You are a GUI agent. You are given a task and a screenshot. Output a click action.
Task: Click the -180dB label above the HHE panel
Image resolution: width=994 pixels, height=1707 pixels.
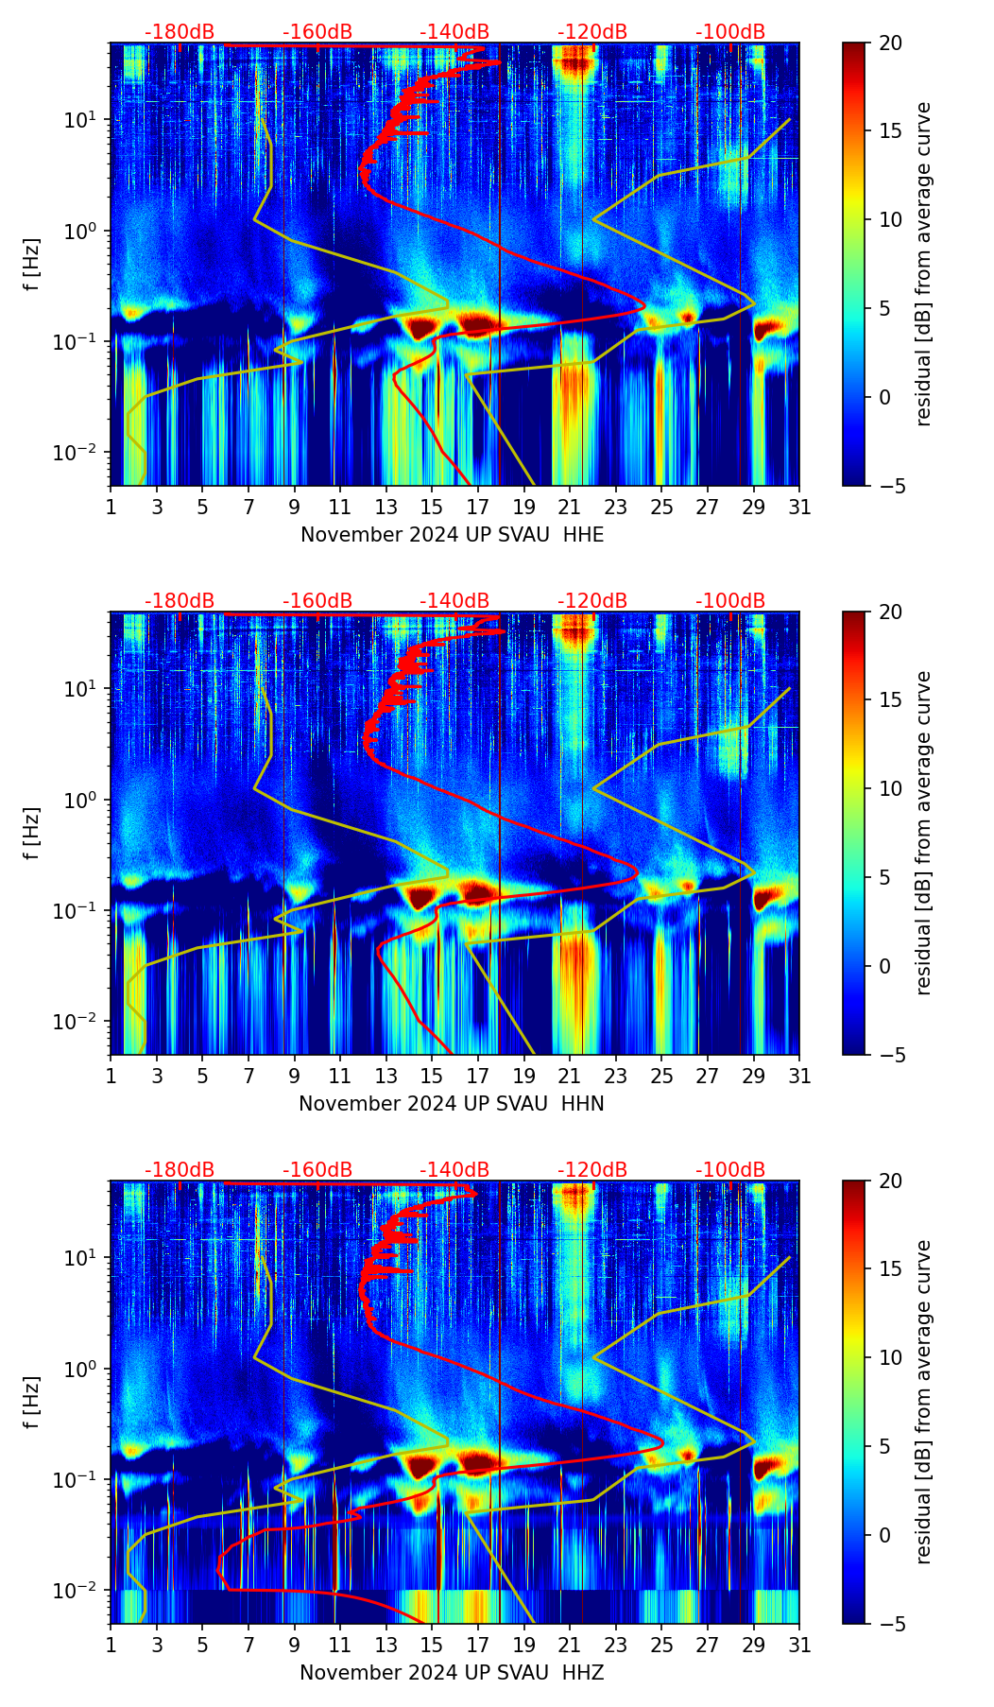(x=180, y=32)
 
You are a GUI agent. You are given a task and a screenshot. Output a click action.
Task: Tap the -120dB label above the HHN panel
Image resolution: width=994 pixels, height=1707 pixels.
(x=592, y=601)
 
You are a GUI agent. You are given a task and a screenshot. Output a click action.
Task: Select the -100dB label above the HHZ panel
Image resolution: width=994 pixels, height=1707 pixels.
(x=730, y=1170)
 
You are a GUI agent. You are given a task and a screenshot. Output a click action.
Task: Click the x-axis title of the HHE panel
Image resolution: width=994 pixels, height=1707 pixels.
(x=452, y=535)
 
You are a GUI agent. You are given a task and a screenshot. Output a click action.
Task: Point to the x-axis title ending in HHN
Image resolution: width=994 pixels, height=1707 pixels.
(x=452, y=1104)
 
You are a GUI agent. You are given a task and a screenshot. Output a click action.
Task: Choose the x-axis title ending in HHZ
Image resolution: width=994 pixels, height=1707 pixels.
(x=452, y=1673)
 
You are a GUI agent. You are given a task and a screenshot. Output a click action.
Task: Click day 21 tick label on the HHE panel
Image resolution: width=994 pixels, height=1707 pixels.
(x=570, y=508)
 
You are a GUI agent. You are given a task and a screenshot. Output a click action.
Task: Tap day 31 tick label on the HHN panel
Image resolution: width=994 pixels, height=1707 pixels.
(x=799, y=1077)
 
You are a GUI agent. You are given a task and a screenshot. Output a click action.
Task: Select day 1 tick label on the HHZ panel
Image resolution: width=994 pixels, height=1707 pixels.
(x=111, y=1646)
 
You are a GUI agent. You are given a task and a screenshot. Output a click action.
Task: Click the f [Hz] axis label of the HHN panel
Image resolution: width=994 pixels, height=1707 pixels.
(x=32, y=833)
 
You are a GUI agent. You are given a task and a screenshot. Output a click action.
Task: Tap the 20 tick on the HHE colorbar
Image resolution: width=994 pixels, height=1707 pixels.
(x=890, y=43)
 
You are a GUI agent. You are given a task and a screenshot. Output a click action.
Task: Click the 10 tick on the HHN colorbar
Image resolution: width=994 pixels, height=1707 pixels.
(x=890, y=788)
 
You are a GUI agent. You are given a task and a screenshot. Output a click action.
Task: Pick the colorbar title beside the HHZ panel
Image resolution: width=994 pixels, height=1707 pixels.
(x=923, y=1402)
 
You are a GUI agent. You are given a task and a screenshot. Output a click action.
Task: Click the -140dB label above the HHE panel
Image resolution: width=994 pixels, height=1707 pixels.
(x=454, y=32)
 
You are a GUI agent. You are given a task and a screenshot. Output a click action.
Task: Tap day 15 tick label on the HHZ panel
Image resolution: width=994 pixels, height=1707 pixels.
(x=432, y=1646)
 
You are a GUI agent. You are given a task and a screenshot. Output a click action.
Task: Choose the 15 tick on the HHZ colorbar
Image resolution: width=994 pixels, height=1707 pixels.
(x=890, y=1269)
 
